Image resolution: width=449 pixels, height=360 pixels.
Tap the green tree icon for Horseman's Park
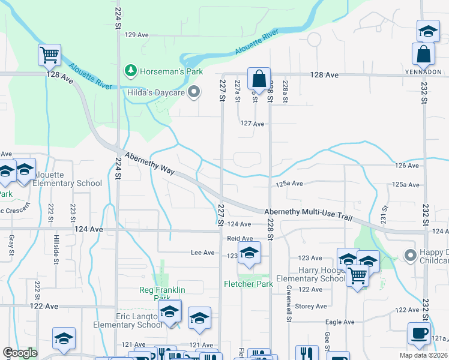130,71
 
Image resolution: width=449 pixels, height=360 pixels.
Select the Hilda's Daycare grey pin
193,92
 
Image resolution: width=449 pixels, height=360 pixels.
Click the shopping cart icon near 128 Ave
49,55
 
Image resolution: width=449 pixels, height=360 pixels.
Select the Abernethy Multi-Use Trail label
308,214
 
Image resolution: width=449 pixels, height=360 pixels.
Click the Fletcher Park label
248,284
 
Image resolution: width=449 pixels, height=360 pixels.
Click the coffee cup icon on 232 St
418,333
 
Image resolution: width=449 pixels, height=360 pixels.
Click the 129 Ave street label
136,35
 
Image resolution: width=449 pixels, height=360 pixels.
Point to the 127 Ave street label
252,124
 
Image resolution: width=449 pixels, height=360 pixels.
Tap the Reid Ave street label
240,238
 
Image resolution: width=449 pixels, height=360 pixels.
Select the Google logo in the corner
20,353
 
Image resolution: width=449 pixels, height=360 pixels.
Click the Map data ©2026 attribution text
424,355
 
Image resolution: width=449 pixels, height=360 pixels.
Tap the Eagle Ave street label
340,322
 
